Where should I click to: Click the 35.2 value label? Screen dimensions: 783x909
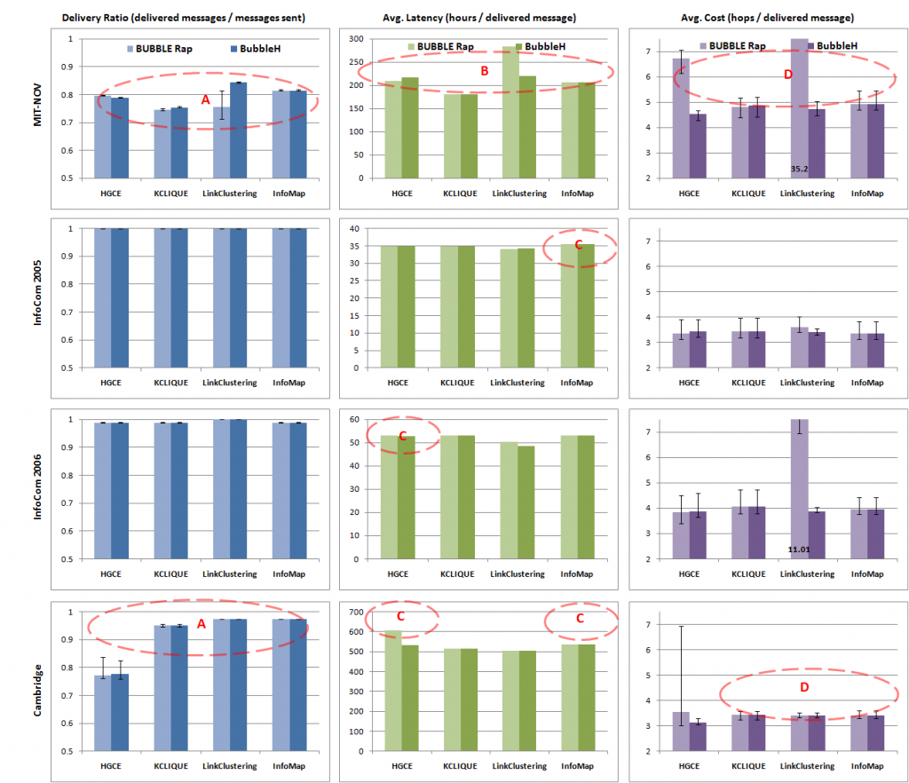[x=804, y=168]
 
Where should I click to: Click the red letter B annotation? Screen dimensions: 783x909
[x=485, y=71]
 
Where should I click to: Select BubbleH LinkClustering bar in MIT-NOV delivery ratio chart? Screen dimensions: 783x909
[x=239, y=130]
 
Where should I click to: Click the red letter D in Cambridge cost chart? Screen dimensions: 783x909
[x=804, y=687]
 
